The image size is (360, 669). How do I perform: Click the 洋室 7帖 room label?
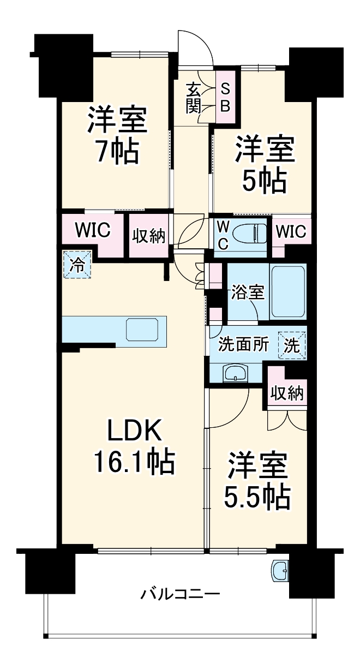point(117,136)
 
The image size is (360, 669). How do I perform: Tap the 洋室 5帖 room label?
point(265,165)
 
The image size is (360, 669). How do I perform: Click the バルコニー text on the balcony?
point(181,593)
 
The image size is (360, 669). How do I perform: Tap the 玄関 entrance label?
point(193,97)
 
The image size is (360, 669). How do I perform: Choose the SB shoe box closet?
point(225,97)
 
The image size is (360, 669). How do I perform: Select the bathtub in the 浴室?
point(288,293)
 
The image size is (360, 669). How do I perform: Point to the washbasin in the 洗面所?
point(235,373)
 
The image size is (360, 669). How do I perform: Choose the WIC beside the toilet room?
point(290,232)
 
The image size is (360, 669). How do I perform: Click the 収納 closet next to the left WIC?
point(149,237)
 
